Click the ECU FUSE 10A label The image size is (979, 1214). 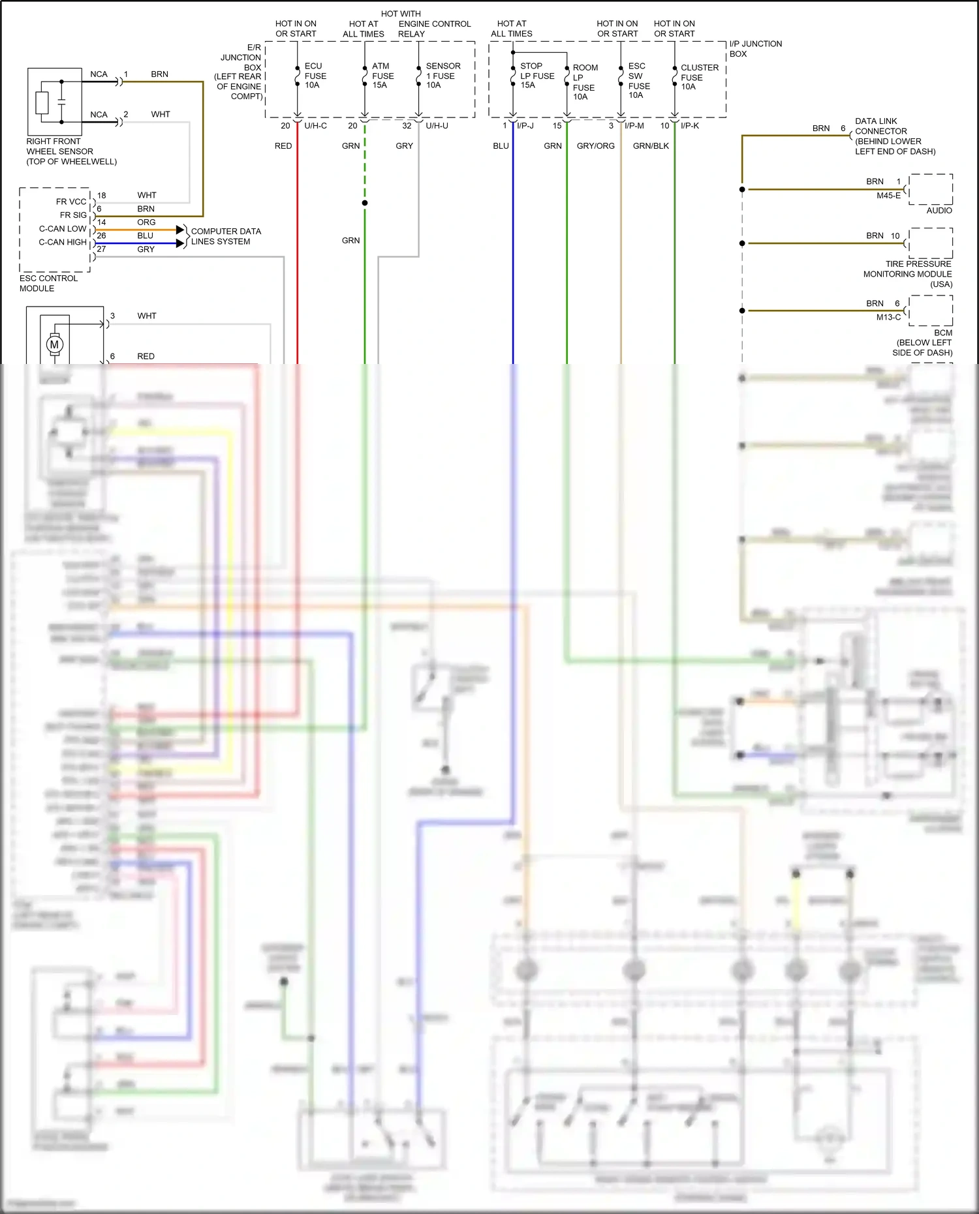[x=315, y=76]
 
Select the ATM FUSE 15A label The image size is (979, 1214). [x=382, y=76]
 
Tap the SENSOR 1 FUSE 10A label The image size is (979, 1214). [x=443, y=76]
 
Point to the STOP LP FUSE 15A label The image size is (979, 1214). [x=536, y=76]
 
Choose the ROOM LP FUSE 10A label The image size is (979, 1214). [x=584, y=82]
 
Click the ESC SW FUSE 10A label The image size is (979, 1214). [x=638, y=81]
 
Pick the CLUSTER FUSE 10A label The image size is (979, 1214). [x=698, y=77]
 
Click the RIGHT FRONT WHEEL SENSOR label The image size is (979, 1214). [x=71, y=151]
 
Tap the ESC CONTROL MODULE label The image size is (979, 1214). [x=48, y=283]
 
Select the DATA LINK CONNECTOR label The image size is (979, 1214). [x=894, y=136]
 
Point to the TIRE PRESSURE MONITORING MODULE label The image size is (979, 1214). [x=908, y=274]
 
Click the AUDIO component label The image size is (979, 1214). [x=939, y=211]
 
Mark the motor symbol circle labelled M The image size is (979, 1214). [x=54, y=344]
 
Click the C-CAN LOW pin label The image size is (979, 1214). [x=63, y=229]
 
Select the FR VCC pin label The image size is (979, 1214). [x=71, y=202]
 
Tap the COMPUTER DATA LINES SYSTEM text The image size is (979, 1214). [x=225, y=236]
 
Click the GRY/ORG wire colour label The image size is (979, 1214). [x=595, y=146]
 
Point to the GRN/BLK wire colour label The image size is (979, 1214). [x=651, y=146]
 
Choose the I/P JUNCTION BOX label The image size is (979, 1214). [x=755, y=49]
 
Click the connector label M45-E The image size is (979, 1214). [x=888, y=196]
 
